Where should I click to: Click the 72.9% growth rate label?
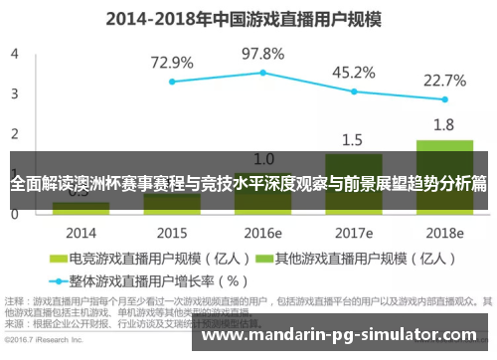(x=172, y=63)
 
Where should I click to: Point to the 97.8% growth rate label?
(x=262, y=53)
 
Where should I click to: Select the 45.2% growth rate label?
(x=353, y=72)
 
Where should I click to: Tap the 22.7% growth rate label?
(x=444, y=80)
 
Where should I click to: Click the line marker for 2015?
(x=172, y=82)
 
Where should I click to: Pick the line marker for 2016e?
(x=263, y=73)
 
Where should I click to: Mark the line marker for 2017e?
(x=354, y=91)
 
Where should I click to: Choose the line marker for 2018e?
(x=444, y=99)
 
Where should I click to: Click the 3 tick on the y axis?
(x=14, y=93)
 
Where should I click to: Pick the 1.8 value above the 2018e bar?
(x=444, y=125)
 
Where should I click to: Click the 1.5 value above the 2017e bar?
(x=353, y=139)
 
